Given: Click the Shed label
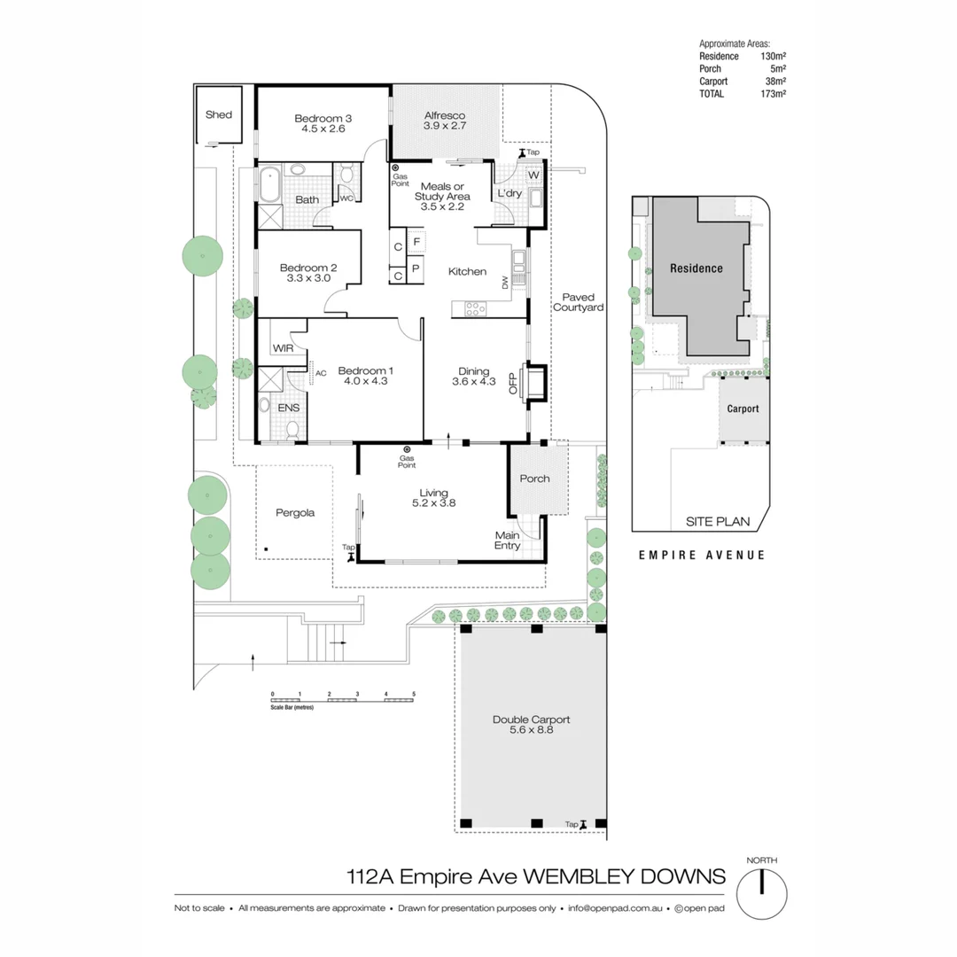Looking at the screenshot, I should point(218,114).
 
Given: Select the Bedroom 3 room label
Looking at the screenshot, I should point(323,118).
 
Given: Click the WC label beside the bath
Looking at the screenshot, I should point(346,198).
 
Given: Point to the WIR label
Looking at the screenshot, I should point(283,348).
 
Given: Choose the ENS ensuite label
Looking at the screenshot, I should point(288,408).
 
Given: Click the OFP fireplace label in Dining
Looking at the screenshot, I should point(512,383).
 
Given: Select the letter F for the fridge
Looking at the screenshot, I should point(416,242).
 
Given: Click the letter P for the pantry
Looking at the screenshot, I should point(416,268).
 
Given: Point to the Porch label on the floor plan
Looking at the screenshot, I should point(534,478).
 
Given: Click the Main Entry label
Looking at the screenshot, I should point(508,541).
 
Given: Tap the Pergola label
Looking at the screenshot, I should point(295,512).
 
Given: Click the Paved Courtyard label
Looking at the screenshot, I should point(578,302).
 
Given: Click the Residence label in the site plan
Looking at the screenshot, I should point(696,268).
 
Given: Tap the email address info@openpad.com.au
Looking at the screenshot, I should point(616,908).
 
